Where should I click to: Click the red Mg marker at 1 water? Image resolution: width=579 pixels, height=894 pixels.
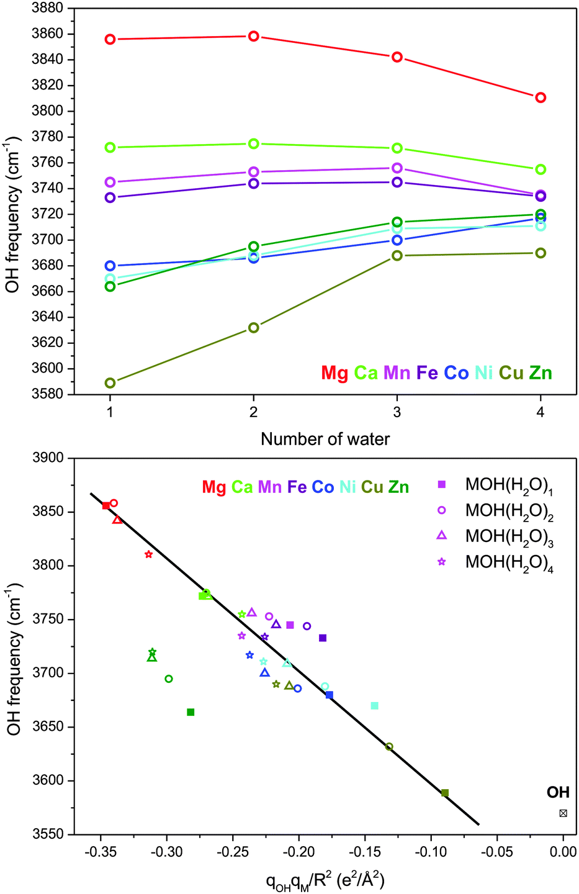pos(110,40)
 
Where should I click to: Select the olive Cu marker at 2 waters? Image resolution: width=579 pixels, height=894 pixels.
pos(254,328)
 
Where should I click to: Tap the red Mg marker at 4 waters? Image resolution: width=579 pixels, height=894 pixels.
pos(541,97)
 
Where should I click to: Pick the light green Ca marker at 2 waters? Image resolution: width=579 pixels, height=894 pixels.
pos(254,144)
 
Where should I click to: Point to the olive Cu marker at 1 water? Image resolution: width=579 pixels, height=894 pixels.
pos(110,383)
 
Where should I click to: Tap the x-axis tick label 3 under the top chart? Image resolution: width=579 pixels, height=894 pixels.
pos(397,412)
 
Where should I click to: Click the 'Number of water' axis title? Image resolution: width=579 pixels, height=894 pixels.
pos(325,440)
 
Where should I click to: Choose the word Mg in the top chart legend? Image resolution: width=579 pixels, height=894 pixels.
pos(334,373)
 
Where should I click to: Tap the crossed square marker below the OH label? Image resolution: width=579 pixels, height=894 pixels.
pos(563,813)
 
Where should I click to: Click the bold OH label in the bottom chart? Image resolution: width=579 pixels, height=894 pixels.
pos(558,793)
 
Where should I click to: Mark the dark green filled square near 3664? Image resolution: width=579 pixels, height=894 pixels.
pos(191,712)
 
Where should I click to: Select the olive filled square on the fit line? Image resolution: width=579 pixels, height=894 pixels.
pos(445,793)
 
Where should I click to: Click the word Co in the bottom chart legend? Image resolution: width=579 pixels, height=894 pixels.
pos(323,487)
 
